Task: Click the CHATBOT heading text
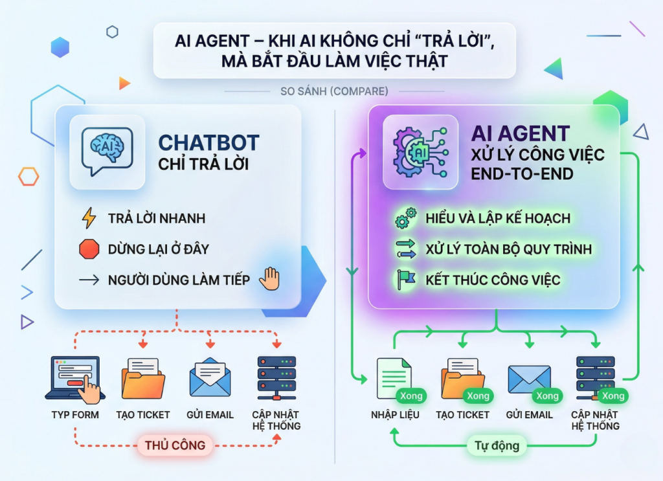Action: tap(208, 143)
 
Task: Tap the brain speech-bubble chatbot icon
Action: tap(107, 151)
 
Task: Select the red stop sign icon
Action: tap(89, 249)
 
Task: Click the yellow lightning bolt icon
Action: tap(89, 218)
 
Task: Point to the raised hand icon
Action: tap(269, 279)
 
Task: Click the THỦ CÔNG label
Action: tap(175, 445)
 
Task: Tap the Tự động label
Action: tap(497, 445)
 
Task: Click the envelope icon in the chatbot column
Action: tap(210, 377)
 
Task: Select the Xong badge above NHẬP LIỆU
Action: tap(411, 396)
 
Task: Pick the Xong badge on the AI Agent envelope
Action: tap(547, 396)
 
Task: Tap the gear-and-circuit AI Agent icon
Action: tap(420, 151)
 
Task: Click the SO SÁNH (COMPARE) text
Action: tap(334, 91)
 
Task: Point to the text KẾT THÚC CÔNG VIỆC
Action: tap(493, 280)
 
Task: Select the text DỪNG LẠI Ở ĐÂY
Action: tap(159, 249)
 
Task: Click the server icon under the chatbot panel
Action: tap(276, 378)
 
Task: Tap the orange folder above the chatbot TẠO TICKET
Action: tap(143, 378)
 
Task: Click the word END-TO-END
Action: tap(523, 173)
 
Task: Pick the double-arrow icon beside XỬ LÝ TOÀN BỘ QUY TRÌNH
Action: tap(406, 249)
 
